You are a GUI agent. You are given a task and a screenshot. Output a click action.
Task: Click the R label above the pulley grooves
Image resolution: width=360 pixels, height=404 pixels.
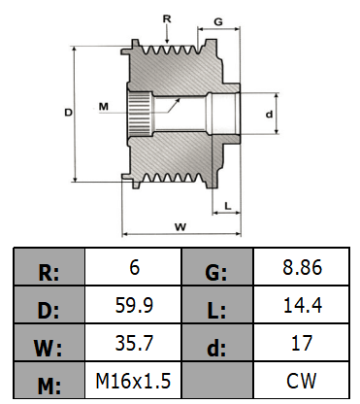[167, 19]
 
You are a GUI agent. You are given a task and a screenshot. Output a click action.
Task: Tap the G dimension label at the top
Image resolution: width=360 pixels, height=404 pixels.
[218, 21]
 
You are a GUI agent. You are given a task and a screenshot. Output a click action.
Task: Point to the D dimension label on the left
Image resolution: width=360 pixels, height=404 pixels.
[68, 113]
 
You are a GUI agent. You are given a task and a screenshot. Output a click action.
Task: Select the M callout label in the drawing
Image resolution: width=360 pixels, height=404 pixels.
[104, 106]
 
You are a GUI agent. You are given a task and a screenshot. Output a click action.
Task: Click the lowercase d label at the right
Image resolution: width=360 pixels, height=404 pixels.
[269, 114]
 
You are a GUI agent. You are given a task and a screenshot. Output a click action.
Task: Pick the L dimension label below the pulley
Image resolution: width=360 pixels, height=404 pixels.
[228, 206]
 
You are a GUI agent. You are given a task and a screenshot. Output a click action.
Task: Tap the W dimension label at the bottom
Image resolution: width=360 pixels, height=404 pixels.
[180, 227]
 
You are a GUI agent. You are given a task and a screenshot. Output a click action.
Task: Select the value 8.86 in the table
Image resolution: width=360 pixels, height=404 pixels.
[302, 267]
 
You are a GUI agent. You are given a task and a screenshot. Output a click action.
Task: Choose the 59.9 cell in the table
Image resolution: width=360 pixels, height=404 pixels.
[134, 305]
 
